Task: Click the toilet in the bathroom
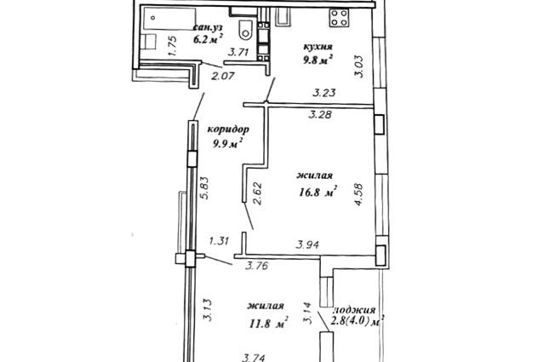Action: pyautogui.click(x=245, y=30)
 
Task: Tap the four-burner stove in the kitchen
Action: pyautogui.click(x=339, y=18)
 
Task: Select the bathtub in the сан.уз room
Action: pyautogui.click(x=169, y=19)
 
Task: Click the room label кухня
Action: pyautogui.click(x=318, y=46)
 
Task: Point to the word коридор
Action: pyautogui.click(x=228, y=129)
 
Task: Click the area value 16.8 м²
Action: pyautogui.click(x=318, y=192)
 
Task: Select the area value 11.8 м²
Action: pyautogui.click(x=269, y=323)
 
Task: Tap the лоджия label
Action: pyautogui.click(x=355, y=310)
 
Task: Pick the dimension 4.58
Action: pyautogui.click(x=358, y=195)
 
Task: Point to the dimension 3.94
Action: pyautogui.click(x=308, y=244)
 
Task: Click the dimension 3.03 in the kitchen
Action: pyautogui.click(x=358, y=66)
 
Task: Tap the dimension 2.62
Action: pyautogui.click(x=257, y=193)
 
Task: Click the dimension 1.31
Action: pyautogui.click(x=219, y=241)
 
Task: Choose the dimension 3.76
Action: pyautogui.click(x=257, y=266)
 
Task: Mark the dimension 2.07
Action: pyautogui.click(x=223, y=76)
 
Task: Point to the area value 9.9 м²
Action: pyautogui.click(x=228, y=143)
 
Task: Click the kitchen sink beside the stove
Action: pyautogui.click(x=283, y=16)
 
